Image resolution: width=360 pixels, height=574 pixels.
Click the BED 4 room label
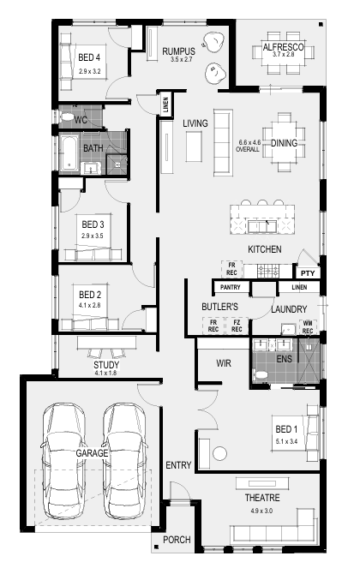[89, 57]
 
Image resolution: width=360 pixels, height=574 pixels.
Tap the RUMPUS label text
[179, 51]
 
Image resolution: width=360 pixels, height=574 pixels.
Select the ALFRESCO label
[283, 47]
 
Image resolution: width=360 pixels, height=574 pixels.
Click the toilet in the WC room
[67, 117]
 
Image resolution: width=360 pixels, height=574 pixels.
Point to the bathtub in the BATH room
[69, 153]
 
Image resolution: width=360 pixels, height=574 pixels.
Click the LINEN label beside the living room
[166, 105]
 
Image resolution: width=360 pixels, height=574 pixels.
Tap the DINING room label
[284, 143]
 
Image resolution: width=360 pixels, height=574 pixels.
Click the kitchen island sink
[261, 226]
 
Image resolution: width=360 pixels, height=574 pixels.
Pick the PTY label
[308, 273]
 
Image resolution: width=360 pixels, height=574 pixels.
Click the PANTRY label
[231, 287]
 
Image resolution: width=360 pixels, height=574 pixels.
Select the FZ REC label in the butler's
[237, 326]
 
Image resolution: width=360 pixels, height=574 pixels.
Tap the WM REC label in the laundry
[308, 327]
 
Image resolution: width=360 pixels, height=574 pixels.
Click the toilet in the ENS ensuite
[261, 375]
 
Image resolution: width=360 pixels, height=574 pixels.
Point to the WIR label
[224, 363]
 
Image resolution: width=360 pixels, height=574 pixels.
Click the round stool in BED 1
[219, 453]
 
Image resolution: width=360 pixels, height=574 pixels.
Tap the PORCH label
[177, 540]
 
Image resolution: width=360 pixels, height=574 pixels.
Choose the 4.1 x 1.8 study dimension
[105, 374]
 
